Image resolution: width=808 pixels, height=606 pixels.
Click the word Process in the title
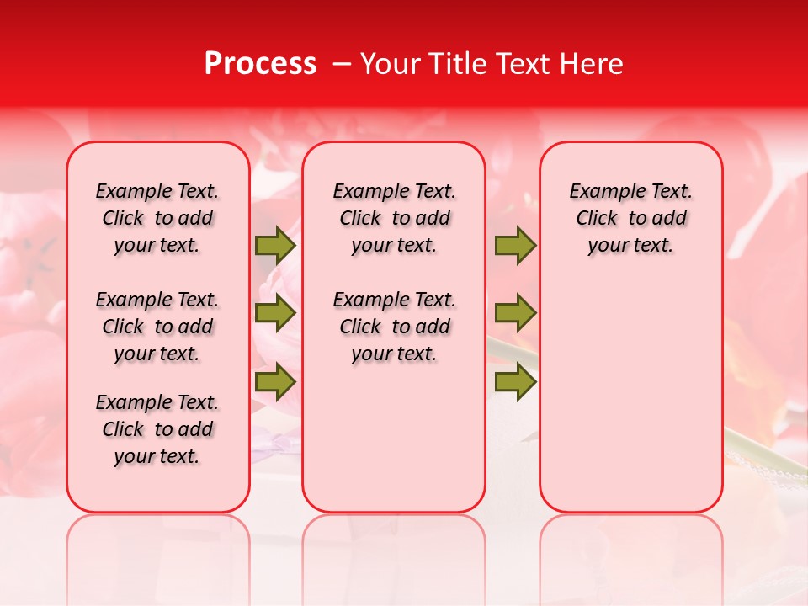tap(260, 64)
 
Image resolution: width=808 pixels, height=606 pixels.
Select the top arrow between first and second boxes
tap(274, 245)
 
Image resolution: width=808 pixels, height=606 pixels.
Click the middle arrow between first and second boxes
tap(274, 313)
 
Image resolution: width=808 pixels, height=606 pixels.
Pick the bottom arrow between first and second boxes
tap(274, 382)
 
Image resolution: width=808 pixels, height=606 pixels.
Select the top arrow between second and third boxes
tap(515, 245)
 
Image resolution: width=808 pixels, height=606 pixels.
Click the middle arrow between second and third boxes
tap(515, 313)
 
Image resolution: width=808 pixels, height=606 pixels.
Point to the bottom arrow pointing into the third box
tap(515, 382)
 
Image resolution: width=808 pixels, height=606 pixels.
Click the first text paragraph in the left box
tap(157, 218)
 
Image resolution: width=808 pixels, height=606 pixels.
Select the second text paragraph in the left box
tap(157, 327)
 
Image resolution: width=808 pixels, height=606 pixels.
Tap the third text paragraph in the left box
tap(157, 429)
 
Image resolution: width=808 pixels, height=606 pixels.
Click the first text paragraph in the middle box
tap(394, 218)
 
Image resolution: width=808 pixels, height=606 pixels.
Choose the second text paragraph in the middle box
tap(394, 327)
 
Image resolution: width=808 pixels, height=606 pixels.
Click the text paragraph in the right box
tap(631, 218)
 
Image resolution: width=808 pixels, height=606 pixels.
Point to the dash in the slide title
tap(341, 64)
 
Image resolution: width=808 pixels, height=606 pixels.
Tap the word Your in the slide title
tap(386, 64)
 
